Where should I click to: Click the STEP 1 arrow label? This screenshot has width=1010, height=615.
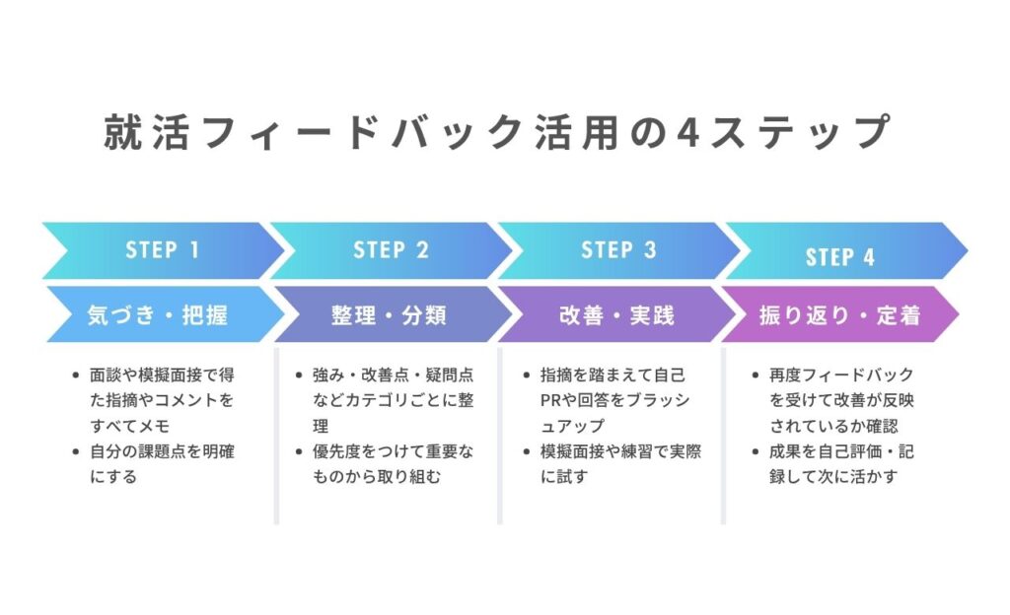pos(163,250)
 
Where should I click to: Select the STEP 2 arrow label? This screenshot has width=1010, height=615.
pos(391,250)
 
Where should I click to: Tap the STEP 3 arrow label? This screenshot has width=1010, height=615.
pos(618,250)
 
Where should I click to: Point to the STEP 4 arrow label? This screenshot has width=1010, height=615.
pos(840,257)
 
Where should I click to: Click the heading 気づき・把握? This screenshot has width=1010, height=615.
pos(158,315)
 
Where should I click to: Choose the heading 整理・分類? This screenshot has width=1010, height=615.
pos(389,315)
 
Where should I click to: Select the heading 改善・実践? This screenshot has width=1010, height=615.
pos(616,315)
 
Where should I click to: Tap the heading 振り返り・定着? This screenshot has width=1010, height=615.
pos(839,315)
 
